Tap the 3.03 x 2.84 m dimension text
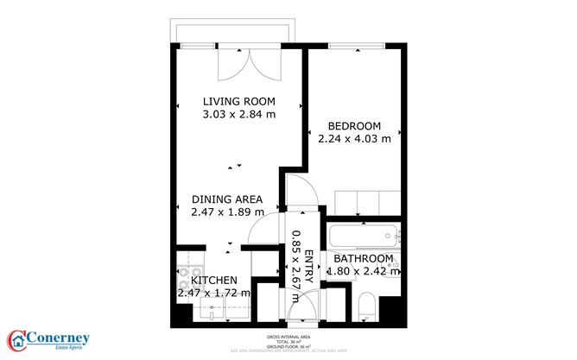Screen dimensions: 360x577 point(238,113)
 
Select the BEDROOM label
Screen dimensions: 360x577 point(354,125)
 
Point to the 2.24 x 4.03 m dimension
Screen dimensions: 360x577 point(354,138)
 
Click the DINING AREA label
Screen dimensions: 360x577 point(226,199)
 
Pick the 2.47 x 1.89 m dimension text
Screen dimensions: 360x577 point(226,212)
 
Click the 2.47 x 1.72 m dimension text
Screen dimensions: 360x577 point(213,294)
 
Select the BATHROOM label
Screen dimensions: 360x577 point(364,258)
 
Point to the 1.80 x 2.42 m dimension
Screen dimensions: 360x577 point(364,271)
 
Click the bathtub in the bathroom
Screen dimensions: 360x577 point(363,236)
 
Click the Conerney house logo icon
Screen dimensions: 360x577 point(18,340)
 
